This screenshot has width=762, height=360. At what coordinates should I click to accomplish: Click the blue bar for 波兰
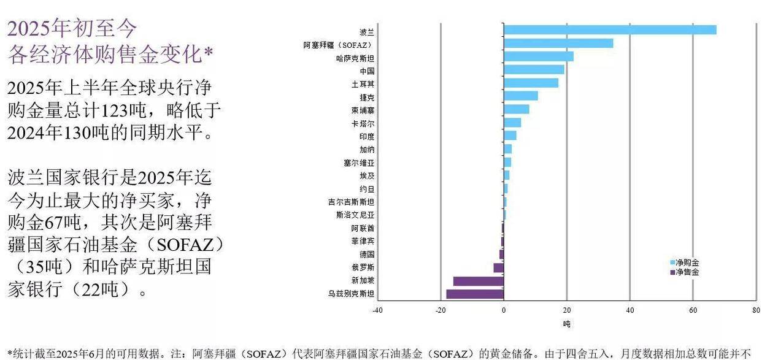point(609,30)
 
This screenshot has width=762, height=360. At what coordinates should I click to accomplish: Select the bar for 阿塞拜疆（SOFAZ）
point(558,43)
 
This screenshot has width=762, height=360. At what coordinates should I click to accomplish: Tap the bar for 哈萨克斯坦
point(538,56)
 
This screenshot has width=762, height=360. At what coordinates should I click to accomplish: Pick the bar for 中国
point(534,69)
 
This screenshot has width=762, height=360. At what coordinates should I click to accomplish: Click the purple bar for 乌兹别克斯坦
point(474,294)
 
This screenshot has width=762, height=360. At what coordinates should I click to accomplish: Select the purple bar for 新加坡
point(478,281)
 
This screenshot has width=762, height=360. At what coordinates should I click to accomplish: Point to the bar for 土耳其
point(531,83)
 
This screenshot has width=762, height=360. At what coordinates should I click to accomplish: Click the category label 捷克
point(366,97)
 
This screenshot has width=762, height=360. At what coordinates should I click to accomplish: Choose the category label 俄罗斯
point(366,267)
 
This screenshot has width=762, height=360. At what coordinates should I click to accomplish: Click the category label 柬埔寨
point(363,110)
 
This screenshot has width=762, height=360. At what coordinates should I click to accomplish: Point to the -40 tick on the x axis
point(377,310)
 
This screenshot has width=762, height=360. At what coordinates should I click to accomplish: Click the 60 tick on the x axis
point(693,310)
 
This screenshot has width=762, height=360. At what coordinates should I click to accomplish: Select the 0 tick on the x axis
point(504,310)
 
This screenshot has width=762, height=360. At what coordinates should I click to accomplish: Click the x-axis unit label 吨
point(566,323)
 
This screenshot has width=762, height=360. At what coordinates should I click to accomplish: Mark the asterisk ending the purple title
point(209,53)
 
